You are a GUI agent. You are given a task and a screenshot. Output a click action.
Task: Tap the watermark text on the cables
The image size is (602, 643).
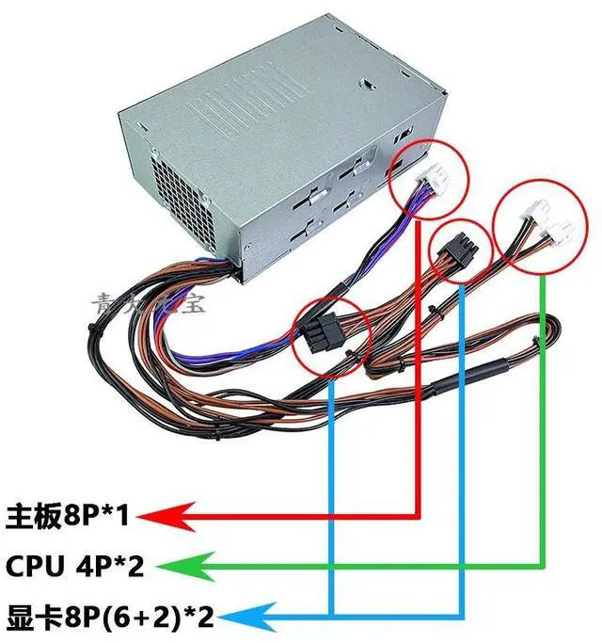coord(151,302)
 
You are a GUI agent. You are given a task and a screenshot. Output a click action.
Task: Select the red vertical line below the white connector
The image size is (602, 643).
coord(418,377)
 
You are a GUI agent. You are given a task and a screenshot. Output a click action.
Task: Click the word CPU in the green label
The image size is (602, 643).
coord(29,567)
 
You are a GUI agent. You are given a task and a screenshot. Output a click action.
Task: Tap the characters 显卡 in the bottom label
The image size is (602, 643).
coord(27,619)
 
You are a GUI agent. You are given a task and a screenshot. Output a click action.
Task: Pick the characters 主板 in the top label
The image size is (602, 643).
coord(26,516)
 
